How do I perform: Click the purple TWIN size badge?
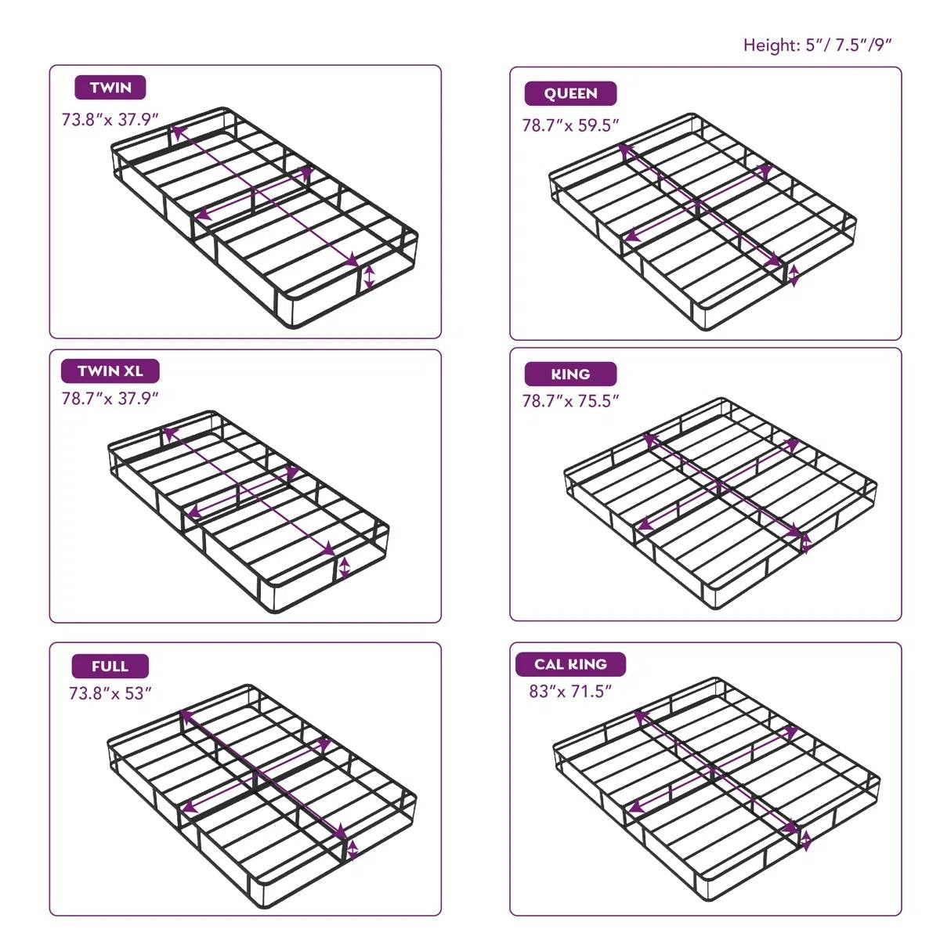pos(110,87)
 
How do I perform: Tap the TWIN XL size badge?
pos(110,371)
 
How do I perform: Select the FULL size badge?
pos(110,666)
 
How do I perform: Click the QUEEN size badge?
pos(570,93)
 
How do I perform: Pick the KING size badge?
pos(570,374)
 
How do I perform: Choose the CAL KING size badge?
pos(570,663)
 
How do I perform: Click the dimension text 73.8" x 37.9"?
pos(110,120)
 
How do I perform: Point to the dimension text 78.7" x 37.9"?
pos(110,398)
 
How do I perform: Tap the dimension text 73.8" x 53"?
pos(110,693)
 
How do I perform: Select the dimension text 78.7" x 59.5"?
pos(571,125)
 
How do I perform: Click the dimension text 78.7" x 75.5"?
pos(571,401)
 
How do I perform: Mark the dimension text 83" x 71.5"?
pos(570,692)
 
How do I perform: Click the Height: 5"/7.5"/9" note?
pos(817,45)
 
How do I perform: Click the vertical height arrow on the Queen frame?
pos(794,276)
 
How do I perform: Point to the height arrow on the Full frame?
pos(352,850)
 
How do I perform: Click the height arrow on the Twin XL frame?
pos(344,569)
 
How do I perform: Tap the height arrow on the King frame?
pos(806,542)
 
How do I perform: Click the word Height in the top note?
pos(769,45)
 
